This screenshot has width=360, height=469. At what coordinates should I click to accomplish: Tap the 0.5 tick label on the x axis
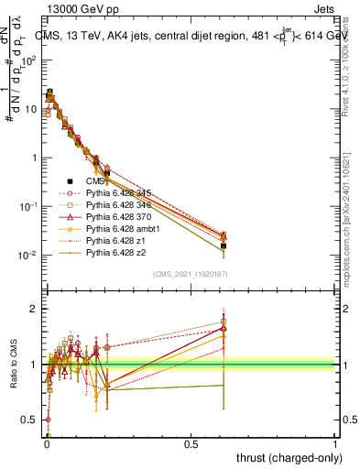[x=191, y=443]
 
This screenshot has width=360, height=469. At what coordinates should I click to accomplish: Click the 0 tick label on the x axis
[x=46, y=443]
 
